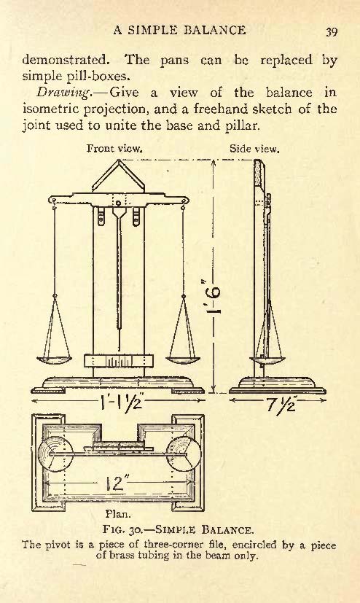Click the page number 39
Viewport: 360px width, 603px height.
pyautogui.click(x=332, y=31)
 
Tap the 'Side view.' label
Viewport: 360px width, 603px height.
pyautogui.click(x=254, y=149)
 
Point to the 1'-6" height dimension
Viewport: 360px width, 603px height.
pyautogui.click(x=214, y=297)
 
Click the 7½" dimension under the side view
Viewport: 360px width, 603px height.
pyautogui.click(x=281, y=403)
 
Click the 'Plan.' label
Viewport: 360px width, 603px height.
pyautogui.click(x=118, y=514)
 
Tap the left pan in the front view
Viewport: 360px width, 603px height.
pyautogui.click(x=54, y=360)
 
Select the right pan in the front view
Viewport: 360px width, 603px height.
pyautogui.click(x=183, y=360)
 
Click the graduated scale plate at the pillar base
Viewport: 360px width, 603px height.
pyautogui.click(x=118, y=361)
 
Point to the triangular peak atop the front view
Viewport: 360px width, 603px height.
pyautogui.click(x=118, y=175)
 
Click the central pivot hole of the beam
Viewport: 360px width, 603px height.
pyautogui.click(x=118, y=203)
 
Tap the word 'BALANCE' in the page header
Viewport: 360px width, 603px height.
pyautogui.click(x=215, y=30)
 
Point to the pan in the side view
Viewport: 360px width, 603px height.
pyautogui.click(x=267, y=361)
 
